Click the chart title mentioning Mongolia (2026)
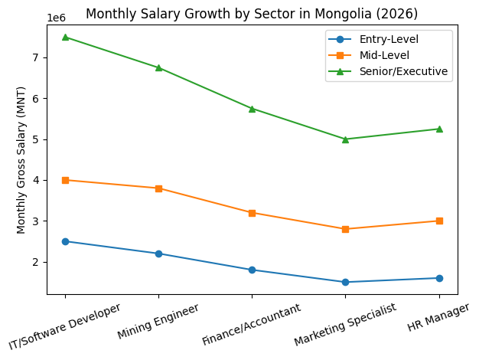252,13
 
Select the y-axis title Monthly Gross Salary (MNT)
21,159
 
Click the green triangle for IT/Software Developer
65,37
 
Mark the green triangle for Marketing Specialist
345,139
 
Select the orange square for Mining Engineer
158,188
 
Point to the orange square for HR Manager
439,221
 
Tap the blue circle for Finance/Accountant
252,270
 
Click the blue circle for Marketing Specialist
345,282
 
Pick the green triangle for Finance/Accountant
252,109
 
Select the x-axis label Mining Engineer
158,321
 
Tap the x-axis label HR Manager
439,316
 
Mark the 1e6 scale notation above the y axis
57,18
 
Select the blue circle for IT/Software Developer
65,241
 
